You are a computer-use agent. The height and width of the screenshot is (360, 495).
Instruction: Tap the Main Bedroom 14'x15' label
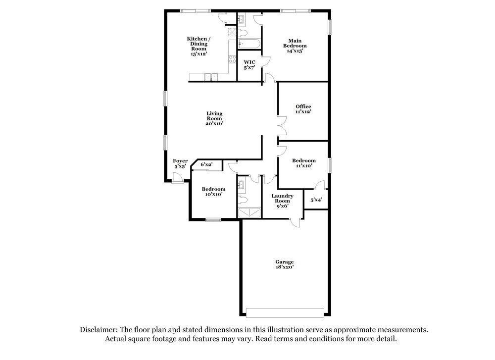(x=295, y=46)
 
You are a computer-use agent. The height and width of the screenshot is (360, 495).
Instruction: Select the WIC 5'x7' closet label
(x=249, y=65)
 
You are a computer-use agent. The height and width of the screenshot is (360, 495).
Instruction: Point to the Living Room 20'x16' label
(x=214, y=118)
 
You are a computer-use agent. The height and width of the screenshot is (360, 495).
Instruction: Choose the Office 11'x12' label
(x=303, y=109)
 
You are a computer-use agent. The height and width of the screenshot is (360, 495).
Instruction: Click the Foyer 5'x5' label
(x=180, y=163)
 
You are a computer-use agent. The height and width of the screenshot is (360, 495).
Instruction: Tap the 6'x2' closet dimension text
(x=206, y=164)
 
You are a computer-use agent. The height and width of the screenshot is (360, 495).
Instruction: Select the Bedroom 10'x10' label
(x=213, y=191)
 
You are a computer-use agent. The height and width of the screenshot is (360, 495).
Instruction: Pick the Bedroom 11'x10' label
(x=303, y=163)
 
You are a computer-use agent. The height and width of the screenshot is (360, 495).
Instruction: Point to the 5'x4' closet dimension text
(x=316, y=200)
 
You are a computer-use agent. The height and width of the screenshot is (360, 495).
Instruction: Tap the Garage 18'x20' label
(x=285, y=264)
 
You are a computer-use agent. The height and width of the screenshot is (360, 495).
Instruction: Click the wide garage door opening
(x=285, y=312)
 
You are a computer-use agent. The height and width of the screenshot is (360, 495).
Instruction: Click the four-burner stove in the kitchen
(x=231, y=60)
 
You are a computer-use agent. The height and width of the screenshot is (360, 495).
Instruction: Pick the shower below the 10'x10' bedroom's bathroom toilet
(x=249, y=212)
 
